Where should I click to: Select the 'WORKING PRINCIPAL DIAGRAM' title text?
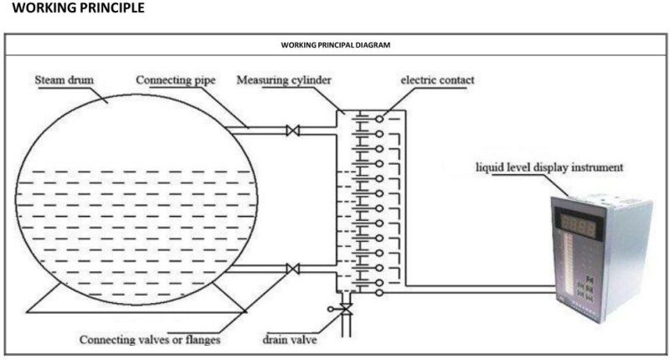coord(335,44)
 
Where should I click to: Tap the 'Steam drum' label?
coord(64,80)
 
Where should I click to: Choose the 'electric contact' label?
coord(435,80)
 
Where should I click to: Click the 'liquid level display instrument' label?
coord(549,167)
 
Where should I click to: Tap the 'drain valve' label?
coord(286,340)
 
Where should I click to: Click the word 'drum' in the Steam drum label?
coord(81,80)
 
